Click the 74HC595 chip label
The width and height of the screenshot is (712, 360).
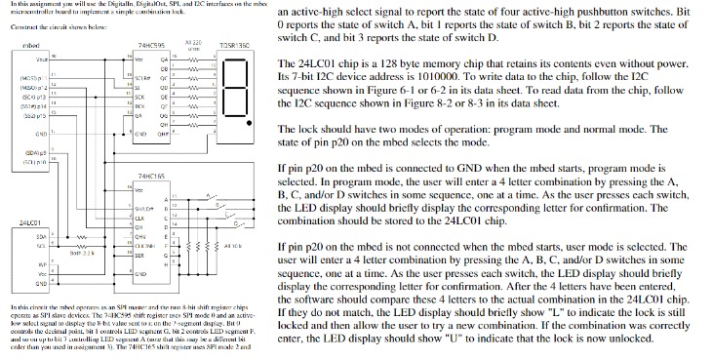(x=149, y=45)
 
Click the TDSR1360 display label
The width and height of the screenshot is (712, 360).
(x=236, y=45)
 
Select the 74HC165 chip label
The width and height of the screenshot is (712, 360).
(x=149, y=177)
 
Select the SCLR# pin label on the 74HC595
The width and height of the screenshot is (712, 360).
(x=141, y=75)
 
